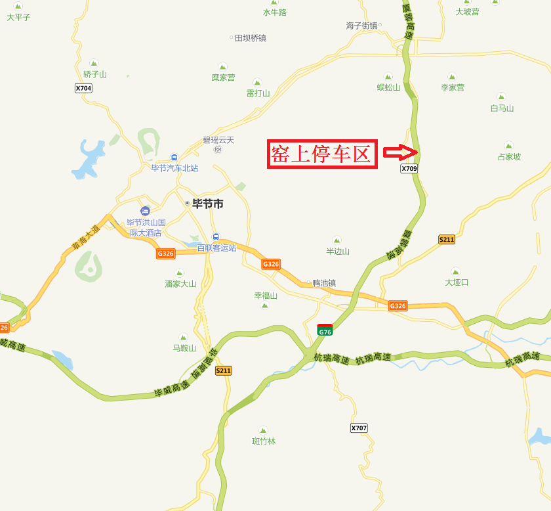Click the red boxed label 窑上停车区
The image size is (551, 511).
pyautogui.click(x=322, y=154)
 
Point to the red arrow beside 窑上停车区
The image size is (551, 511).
pyautogui.click(x=400, y=152)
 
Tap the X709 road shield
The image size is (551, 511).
pyautogui.click(x=409, y=169)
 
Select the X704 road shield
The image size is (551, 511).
pyautogui.click(x=83, y=88)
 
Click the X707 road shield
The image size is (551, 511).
pyautogui.click(x=359, y=428)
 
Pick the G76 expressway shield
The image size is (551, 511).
pyautogui.click(x=325, y=330)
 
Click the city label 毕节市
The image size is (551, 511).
pyautogui.click(x=207, y=204)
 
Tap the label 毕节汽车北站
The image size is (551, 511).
pyautogui.click(x=174, y=168)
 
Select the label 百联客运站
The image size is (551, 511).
pyautogui.click(x=216, y=248)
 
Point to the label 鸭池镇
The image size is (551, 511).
pyautogui.click(x=323, y=283)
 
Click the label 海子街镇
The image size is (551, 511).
pyautogui.click(x=362, y=26)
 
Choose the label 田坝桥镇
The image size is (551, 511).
pyautogui.click(x=250, y=38)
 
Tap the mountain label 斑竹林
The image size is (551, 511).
pyautogui.click(x=264, y=441)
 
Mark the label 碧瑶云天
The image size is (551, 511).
pyautogui.click(x=218, y=140)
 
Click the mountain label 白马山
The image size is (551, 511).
pyautogui.click(x=502, y=108)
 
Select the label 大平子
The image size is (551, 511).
pyautogui.click(x=18, y=17)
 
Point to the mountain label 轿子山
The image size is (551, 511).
pyautogui.click(x=95, y=74)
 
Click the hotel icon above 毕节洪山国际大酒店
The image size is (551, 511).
pyautogui.click(x=145, y=211)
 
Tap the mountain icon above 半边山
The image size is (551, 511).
pyautogui.click(x=337, y=240)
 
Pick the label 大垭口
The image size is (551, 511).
pyautogui.click(x=457, y=282)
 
